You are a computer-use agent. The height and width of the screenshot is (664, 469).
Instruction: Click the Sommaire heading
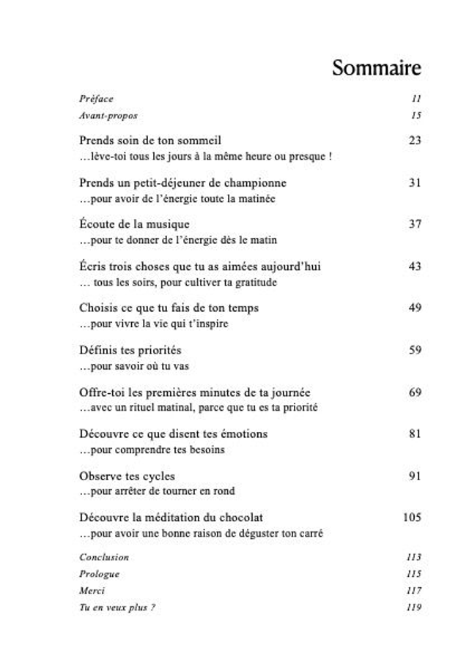click(x=376, y=68)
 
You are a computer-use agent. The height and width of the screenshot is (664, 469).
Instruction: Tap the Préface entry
click(x=96, y=99)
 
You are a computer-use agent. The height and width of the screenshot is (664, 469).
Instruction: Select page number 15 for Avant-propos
click(x=416, y=116)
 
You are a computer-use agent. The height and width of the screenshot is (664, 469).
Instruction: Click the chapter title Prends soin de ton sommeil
click(x=150, y=141)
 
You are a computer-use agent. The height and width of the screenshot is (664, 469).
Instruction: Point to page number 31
click(x=415, y=183)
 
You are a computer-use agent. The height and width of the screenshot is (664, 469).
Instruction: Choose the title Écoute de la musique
click(x=134, y=225)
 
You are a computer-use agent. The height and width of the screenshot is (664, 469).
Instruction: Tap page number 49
click(x=415, y=308)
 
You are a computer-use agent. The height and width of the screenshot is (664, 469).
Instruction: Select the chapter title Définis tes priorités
click(x=130, y=351)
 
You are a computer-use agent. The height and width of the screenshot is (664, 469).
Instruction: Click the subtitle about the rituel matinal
click(x=199, y=408)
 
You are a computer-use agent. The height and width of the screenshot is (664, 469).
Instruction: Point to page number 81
click(x=415, y=434)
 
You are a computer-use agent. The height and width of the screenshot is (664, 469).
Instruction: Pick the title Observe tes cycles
click(x=127, y=477)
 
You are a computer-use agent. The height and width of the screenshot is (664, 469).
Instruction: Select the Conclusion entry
click(x=104, y=557)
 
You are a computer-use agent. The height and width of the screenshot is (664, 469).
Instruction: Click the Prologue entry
click(x=99, y=574)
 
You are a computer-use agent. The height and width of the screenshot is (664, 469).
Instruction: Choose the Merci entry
click(x=92, y=591)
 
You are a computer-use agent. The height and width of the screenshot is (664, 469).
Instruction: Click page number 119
click(x=413, y=608)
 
